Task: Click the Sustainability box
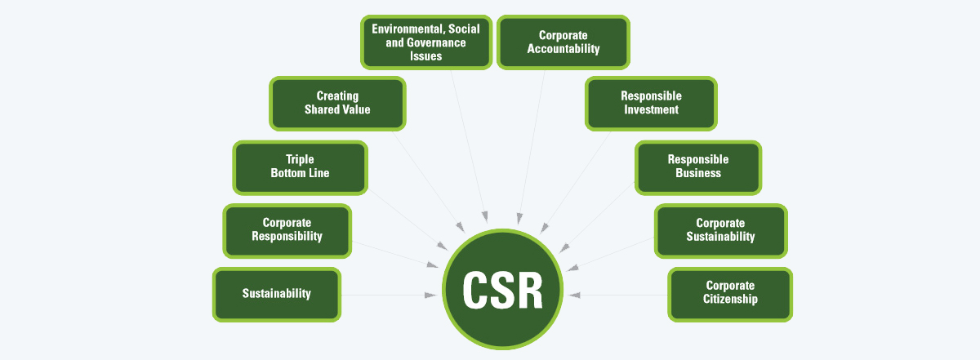tap(276, 294)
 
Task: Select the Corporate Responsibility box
tap(287, 230)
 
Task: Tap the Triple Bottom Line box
tap(300, 167)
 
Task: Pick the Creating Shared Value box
tap(337, 103)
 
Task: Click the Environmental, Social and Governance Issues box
tap(425, 42)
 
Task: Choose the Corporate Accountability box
tap(563, 42)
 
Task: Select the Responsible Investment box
tap(651, 103)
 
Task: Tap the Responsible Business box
tap(698, 167)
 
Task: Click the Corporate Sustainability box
tap(720, 230)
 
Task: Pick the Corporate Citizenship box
tap(730, 293)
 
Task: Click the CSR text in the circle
tap(503, 291)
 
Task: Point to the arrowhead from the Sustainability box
tap(431, 295)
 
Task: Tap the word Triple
tap(300, 159)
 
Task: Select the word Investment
tap(651, 110)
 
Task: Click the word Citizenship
tap(730, 300)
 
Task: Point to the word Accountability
tap(563, 49)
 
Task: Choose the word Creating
tap(337, 96)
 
